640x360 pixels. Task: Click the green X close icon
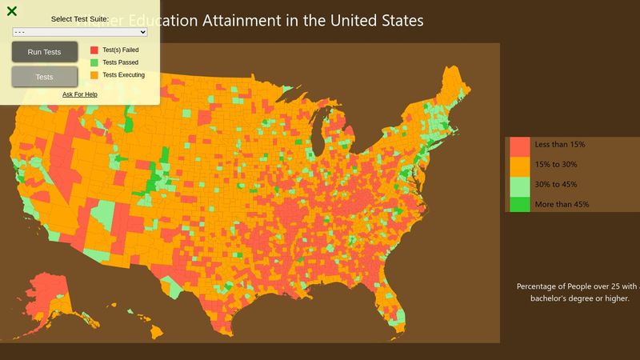12,10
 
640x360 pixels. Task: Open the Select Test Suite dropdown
80,32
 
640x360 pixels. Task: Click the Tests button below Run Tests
45,77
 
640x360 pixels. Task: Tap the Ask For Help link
80,94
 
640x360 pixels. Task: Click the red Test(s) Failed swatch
94,50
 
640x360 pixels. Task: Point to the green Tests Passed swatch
94,62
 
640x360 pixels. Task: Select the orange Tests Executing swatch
94,75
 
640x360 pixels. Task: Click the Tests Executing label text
123,75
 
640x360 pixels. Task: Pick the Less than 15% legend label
560,145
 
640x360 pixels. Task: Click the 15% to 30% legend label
555,165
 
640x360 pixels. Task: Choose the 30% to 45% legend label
555,185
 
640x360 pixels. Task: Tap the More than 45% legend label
562,205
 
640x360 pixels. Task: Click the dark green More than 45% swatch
519,205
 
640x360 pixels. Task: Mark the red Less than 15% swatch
519,146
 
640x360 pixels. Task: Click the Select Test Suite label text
80,18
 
